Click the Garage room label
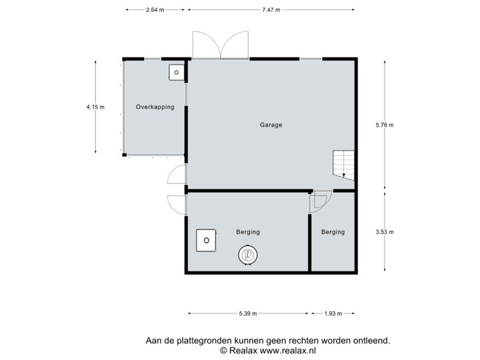tap(271, 125)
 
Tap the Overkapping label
tap(155, 107)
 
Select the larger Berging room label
tap(248, 232)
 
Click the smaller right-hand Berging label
tap(333, 232)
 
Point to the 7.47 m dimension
tap(271, 10)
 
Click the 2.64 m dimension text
tap(155, 10)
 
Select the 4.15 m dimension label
tap(95, 106)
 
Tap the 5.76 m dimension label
tap(385, 125)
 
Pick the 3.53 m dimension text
tap(385, 232)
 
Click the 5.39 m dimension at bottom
tap(247, 313)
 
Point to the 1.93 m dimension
tap(333, 313)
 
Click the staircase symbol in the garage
tap(344, 165)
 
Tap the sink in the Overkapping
tap(176, 72)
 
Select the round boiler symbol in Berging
tap(247, 254)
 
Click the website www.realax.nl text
tap(287, 349)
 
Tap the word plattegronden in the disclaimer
tap(199, 340)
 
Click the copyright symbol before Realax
tap(223, 349)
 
